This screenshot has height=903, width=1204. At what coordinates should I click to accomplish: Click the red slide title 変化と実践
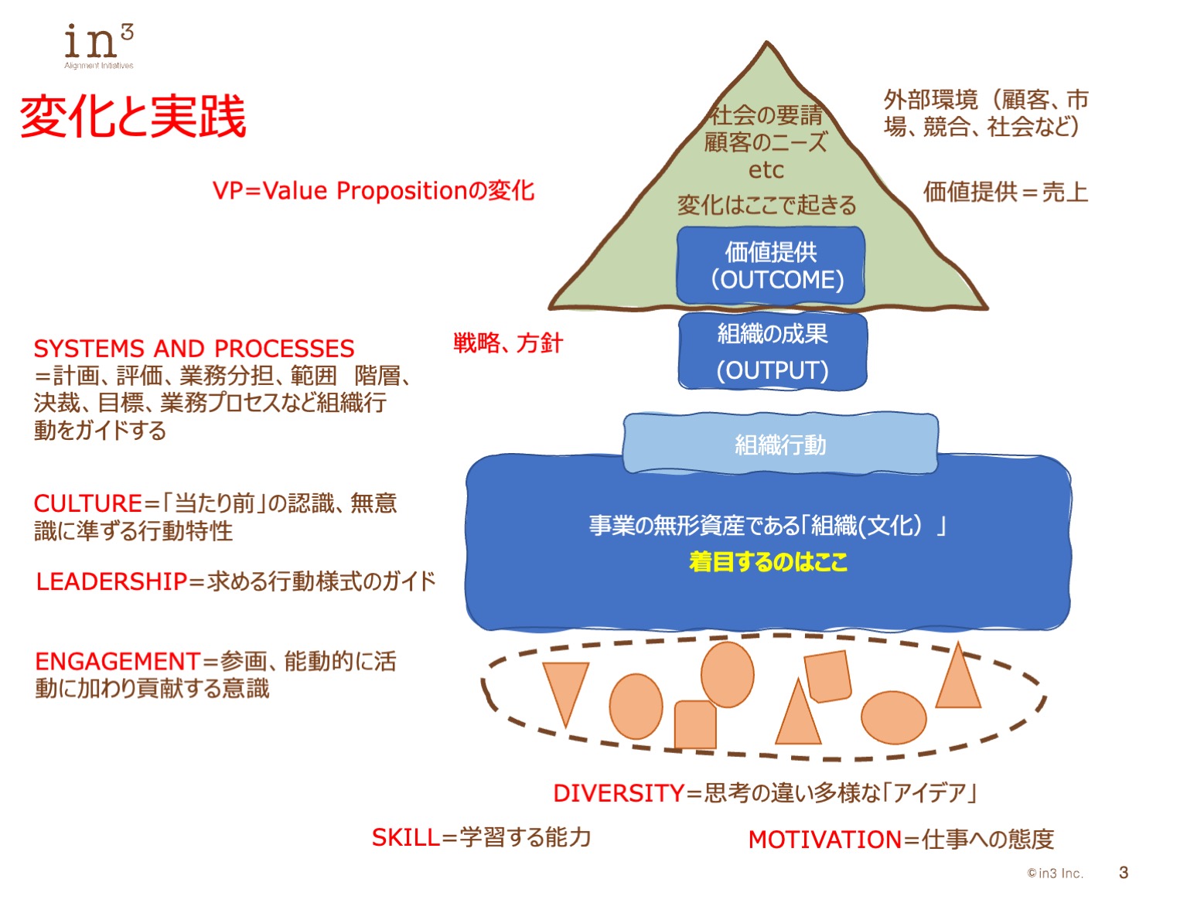coord(132,118)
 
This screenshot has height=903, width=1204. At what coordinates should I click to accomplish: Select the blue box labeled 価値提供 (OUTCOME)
coord(771,265)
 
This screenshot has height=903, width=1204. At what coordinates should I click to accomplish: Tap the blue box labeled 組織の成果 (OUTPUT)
coord(773,352)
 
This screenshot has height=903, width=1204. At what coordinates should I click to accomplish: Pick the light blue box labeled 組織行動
coord(780,445)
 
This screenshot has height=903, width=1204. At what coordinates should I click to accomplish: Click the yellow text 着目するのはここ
coord(768,561)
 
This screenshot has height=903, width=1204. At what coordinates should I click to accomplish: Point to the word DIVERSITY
coord(619,793)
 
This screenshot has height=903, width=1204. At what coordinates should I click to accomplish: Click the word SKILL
coord(405,837)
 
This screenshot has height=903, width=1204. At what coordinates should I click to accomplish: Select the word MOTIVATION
coord(824,840)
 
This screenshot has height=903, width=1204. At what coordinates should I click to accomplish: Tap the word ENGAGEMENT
coord(118,662)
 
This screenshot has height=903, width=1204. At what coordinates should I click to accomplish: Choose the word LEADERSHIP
coord(112,581)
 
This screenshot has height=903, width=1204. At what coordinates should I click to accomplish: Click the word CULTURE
coord(87,504)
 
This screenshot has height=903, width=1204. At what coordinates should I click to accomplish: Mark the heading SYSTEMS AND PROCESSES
coord(194,349)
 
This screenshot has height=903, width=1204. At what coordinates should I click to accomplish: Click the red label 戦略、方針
coord(508,342)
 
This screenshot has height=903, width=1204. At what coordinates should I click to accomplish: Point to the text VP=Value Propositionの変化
coord(373,191)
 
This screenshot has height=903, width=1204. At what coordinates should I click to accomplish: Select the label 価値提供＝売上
coord(1005,192)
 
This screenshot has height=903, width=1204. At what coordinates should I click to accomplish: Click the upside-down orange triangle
coord(565,687)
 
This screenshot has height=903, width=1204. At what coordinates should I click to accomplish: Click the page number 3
coord(1123,873)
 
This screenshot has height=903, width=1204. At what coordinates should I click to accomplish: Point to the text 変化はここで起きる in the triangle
coord(767,206)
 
